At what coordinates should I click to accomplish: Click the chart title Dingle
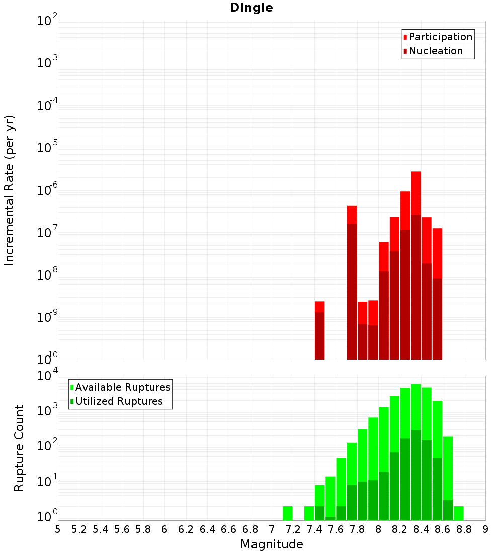coord(251,8)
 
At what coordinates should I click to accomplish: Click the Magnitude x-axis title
coord(272,544)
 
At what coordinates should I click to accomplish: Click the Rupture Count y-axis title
coord(19,448)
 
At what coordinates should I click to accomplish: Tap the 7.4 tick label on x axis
coord(314,529)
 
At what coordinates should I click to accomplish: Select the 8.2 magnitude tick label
coord(400,529)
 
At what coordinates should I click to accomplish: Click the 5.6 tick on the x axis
coord(122,529)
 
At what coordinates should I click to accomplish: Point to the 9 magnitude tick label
coord(485,529)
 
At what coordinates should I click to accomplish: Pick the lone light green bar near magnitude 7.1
coord(287,513)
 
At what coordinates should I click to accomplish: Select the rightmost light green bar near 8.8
coord(458,513)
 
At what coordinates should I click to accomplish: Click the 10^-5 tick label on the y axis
coord(47,148)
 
